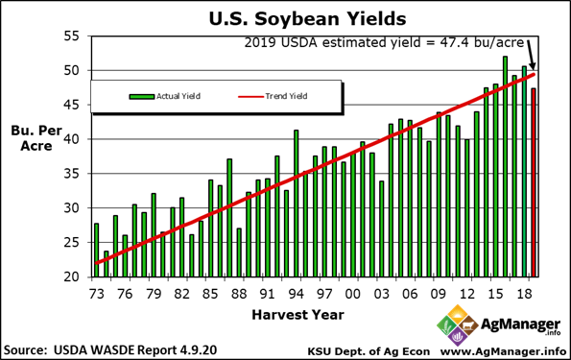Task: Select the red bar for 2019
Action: coord(534,182)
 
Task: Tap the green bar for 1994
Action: coord(296,203)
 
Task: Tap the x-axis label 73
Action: coord(96,292)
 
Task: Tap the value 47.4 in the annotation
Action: coord(443,42)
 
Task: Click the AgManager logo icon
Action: coord(454,325)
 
